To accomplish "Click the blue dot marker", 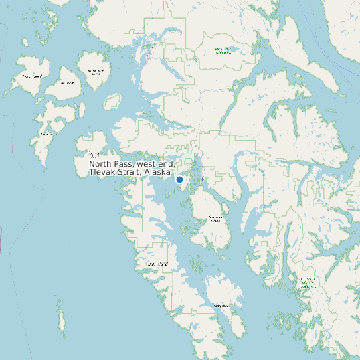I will pos(179,179).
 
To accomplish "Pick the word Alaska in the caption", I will pos(159,172).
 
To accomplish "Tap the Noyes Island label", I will pos(32,76).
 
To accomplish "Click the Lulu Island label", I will pos(68,84).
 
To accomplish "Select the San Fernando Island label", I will pos(96,72).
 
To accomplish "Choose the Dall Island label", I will pos(158,264).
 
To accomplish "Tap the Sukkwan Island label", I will pos(215,218).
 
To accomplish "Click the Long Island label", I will pos(222,306).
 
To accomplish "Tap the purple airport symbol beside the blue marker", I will pos(202,179).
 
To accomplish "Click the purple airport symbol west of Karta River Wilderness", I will pos(153,48).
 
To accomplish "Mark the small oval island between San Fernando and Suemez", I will pos(110,102).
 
